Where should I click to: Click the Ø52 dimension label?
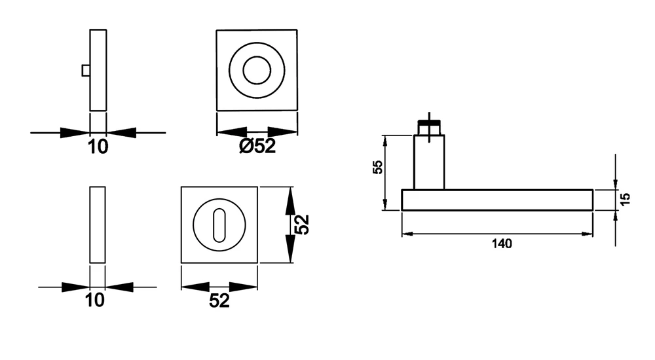point(257,146)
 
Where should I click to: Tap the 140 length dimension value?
point(501,243)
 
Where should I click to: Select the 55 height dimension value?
point(378,167)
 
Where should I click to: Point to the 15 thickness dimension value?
point(625,199)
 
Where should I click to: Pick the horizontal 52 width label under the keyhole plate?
point(219,300)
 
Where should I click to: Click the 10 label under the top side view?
point(98,147)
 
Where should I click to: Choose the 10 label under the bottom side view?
point(95,300)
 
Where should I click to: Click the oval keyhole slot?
point(219,226)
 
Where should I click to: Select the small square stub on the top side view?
point(86,71)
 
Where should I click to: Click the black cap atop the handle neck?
point(429,123)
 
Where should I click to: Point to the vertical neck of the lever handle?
point(429,162)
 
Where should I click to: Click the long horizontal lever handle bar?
point(498,200)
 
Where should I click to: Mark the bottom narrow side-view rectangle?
point(98,225)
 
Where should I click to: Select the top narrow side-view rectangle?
point(98,70)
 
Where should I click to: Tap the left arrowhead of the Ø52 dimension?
point(233,132)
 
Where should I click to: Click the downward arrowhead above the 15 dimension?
point(615,183)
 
